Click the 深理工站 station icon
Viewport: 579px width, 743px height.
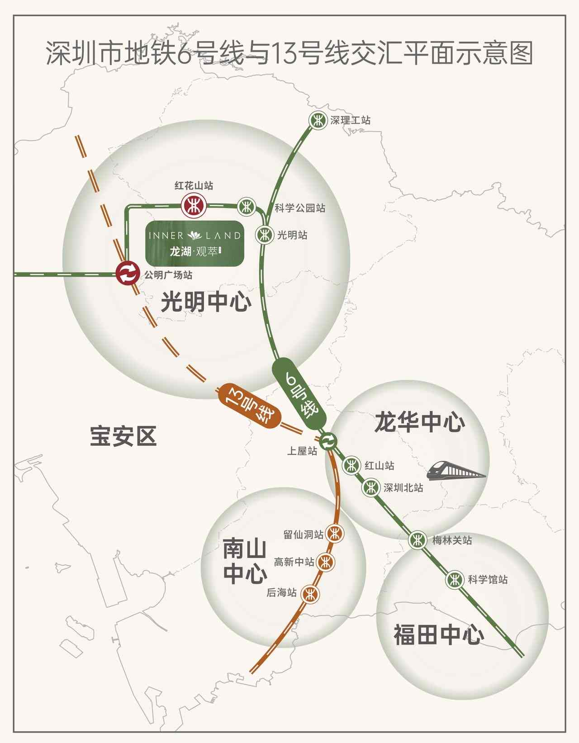click(x=317, y=120)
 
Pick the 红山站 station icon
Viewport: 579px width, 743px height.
click(x=351, y=465)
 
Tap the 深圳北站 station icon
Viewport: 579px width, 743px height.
click(x=370, y=487)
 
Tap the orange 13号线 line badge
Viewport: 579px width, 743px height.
click(x=248, y=405)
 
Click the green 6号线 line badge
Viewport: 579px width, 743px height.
click(x=300, y=394)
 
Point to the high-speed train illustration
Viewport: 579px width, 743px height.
click(x=456, y=470)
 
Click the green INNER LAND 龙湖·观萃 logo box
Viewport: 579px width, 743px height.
click(x=195, y=243)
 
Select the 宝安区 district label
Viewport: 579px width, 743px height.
click(x=123, y=436)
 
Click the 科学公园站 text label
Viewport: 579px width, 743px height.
click(x=300, y=208)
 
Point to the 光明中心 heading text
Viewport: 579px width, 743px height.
click(x=206, y=301)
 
